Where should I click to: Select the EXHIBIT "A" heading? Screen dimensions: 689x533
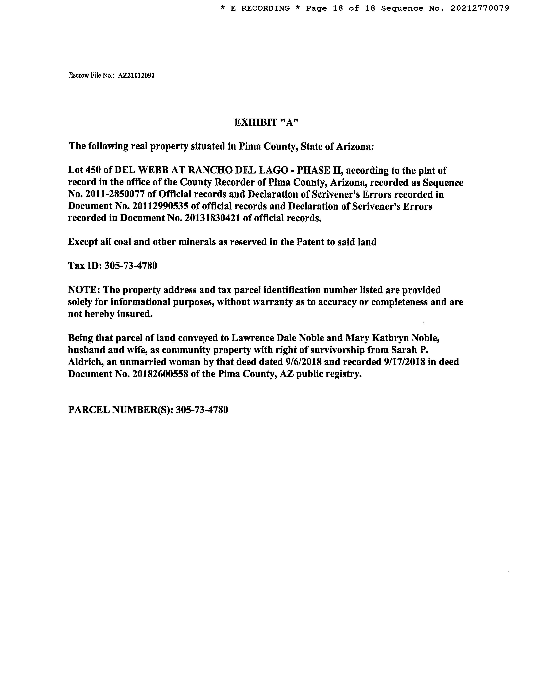point(266,122)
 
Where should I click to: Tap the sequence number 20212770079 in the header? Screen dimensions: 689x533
point(480,8)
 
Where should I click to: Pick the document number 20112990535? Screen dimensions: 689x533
point(160,206)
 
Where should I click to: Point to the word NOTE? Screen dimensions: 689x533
point(83,290)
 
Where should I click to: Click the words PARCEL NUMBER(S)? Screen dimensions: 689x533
point(120,410)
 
